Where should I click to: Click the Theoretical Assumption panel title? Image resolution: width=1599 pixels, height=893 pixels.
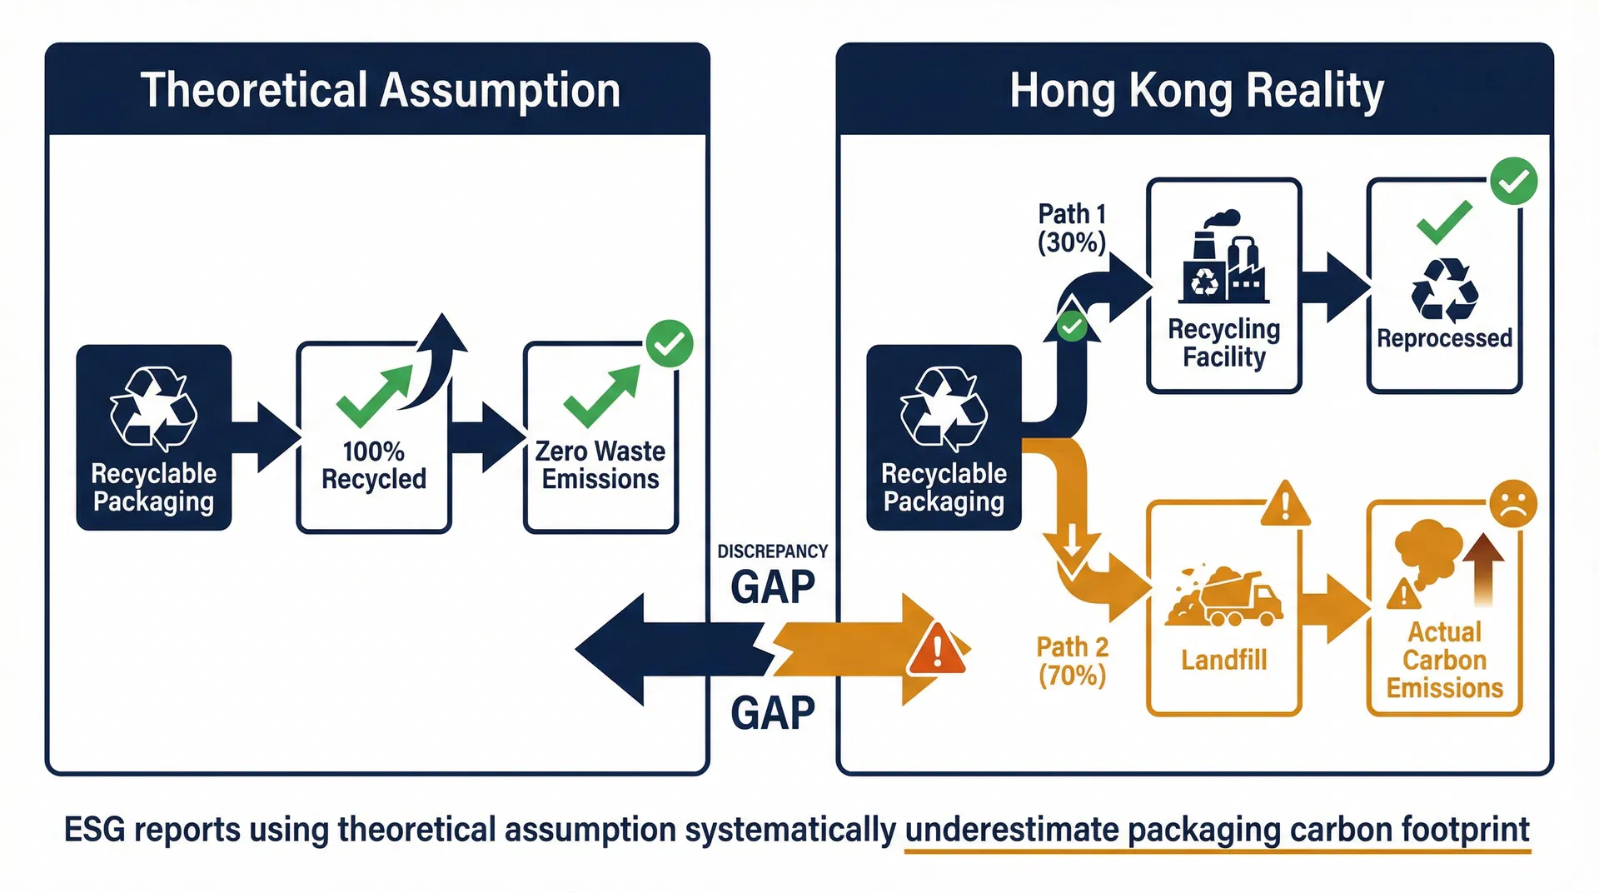pyautogui.click(x=380, y=90)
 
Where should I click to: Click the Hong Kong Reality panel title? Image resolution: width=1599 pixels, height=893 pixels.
pyautogui.click(x=1196, y=90)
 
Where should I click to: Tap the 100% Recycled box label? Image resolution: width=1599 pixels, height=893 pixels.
pyautogui.click(x=374, y=466)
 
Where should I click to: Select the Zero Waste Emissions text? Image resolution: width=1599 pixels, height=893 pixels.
pyautogui.click(x=600, y=466)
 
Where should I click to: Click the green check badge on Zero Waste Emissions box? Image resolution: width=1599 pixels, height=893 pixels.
pyautogui.click(x=670, y=343)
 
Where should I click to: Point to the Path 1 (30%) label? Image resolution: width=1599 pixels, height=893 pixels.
pyautogui.click(x=1072, y=228)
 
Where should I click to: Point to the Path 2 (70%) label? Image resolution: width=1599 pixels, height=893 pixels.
pyautogui.click(x=1072, y=661)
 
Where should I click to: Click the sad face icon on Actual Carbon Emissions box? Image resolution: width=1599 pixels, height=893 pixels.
pyautogui.click(x=1513, y=503)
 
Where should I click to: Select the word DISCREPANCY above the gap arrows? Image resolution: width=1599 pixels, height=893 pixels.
pyautogui.click(x=772, y=551)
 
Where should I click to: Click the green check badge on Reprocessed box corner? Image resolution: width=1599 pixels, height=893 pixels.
pyautogui.click(x=1513, y=181)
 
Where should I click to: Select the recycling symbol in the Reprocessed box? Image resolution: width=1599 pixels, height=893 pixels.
pyautogui.click(x=1444, y=291)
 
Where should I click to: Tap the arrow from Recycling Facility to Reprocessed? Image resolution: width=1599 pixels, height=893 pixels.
pyautogui.click(x=1334, y=287)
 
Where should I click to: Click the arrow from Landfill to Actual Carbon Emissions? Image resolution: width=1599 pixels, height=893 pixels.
pyautogui.click(x=1334, y=609)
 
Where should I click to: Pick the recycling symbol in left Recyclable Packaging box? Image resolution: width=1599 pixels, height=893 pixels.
pyautogui.click(x=153, y=409)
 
